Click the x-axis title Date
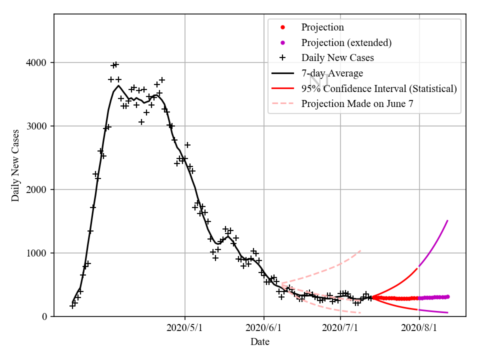click(x=260, y=342)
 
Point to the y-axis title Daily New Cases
click(x=16, y=165)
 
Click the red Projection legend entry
click(x=322, y=27)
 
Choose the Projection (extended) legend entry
click(x=346, y=43)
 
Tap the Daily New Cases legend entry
click(x=337, y=58)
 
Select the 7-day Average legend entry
click(x=332, y=73)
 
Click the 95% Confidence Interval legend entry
click(x=379, y=89)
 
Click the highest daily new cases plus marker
click(x=115, y=64)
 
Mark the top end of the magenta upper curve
click(x=447, y=220)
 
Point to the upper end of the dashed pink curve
click(x=360, y=250)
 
